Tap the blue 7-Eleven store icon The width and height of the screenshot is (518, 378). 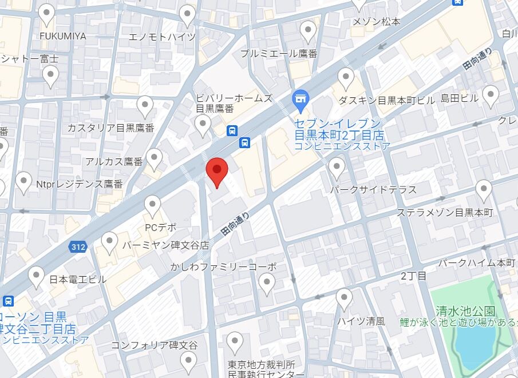click(300, 102)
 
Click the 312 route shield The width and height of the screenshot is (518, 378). click(78, 247)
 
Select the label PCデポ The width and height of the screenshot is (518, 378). click(160, 227)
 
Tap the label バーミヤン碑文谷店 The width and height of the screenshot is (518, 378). click(165, 245)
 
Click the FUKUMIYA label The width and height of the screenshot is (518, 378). click(63, 36)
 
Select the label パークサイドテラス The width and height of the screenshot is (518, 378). click(373, 189)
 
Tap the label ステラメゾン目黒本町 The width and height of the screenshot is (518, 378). click(445, 213)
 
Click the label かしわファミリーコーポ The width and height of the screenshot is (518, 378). click(223, 266)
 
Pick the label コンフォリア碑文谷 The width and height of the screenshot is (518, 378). click(154, 345)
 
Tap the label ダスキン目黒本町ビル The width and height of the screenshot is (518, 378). click(386, 100)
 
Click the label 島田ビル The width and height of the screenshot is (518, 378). click(459, 98)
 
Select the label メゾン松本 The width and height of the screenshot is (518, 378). click(377, 22)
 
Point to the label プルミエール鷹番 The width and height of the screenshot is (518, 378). click(279, 53)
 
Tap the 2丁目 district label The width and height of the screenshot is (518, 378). click(413, 276)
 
